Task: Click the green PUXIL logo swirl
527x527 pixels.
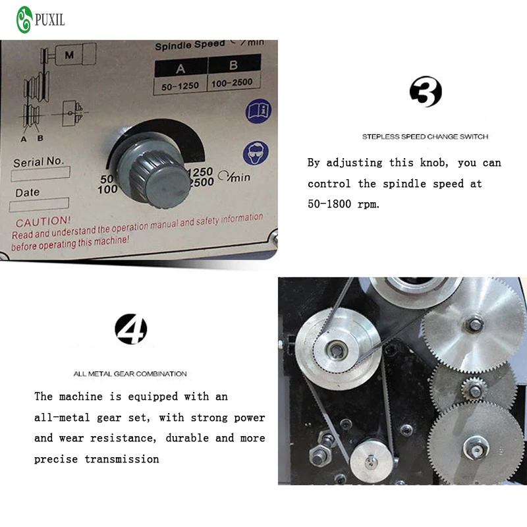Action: click(x=24, y=20)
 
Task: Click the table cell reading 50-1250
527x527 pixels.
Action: click(x=180, y=86)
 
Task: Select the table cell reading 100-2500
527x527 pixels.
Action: click(x=233, y=84)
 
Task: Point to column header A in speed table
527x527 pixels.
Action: click(x=180, y=69)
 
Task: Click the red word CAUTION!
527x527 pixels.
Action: click(x=43, y=222)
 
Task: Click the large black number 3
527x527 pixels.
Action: click(x=425, y=92)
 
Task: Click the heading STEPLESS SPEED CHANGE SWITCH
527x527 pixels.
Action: click(x=425, y=137)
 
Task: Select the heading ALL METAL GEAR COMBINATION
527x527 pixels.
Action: click(x=130, y=374)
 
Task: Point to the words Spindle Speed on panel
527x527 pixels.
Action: click(x=190, y=45)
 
